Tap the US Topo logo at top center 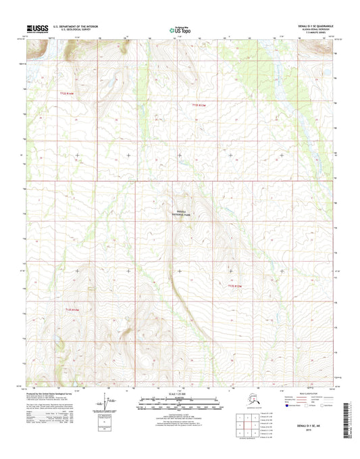point(180,30)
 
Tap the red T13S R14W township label point(72,310)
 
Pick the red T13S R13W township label point(234,287)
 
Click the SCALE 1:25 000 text point(180,394)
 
